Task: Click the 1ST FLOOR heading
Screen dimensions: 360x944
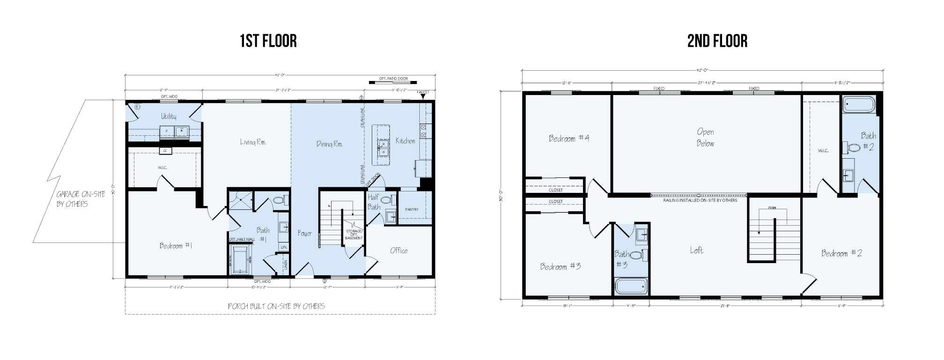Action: pyautogui.click(x=268, y=41)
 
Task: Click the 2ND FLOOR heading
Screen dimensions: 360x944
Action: pyautogui.click(x=717, y=41)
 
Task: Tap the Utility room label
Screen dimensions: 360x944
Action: pyautogui.click(x=169, y=116)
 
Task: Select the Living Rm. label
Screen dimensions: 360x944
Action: pyautogui.click(x=253, y=142)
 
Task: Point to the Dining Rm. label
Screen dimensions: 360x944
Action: pyautogui.click(x=329, y=144)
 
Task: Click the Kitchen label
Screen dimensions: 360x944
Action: pyautogui.click(x=405, y=140)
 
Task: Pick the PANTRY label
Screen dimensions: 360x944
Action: pyautogui.click(x=412, y=209)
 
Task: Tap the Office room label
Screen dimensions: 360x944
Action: pyautogui.click(x=398, y=250)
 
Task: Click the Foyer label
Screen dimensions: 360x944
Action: pyautogui.click(x=305, y=233)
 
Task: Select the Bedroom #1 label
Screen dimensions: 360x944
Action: pyautogui.click(x=176, y=246)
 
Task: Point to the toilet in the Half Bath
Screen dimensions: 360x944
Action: pyautogui.click(x=386, y=200)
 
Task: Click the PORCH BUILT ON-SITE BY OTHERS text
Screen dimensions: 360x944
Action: pyautogui.click(x=276, y=306)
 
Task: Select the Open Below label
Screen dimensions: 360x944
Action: pyautogui.click(x=705, y=138)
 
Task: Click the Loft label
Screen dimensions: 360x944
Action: pyautogui.click(x=696, y=250)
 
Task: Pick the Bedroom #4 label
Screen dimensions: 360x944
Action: pyautogui.click(x=569, y=138)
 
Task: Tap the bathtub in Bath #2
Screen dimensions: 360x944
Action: pyautogui.click(x=859, y=105)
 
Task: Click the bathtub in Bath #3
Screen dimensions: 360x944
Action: pyautogui.click(x=631, y=286)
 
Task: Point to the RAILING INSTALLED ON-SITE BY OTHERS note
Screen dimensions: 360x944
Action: pyautogui.click(x=700, y=200)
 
